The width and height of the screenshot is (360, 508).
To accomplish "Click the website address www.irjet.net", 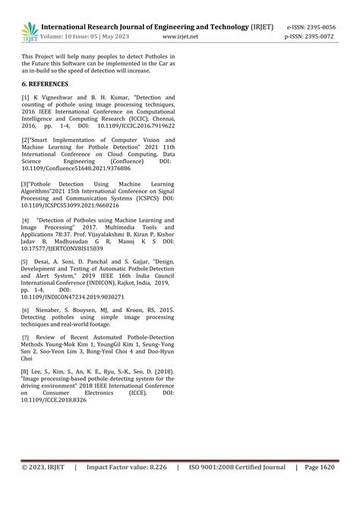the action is [182, 35].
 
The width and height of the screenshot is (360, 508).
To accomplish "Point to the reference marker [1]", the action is [25, 98].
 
